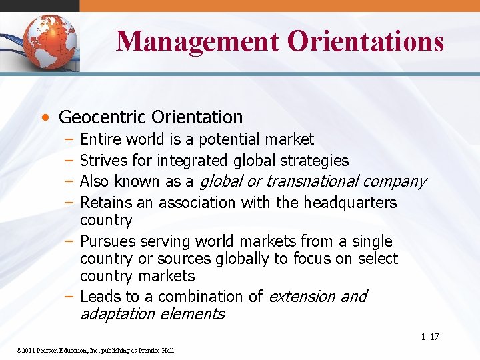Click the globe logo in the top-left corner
tap(48, 42)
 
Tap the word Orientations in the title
tap(365, 41)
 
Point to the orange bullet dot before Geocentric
tap(44, 118)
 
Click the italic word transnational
tap(314, 181)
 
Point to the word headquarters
tap(351, 202)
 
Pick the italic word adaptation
tap(117, 314)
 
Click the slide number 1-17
tap(430, 337)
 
